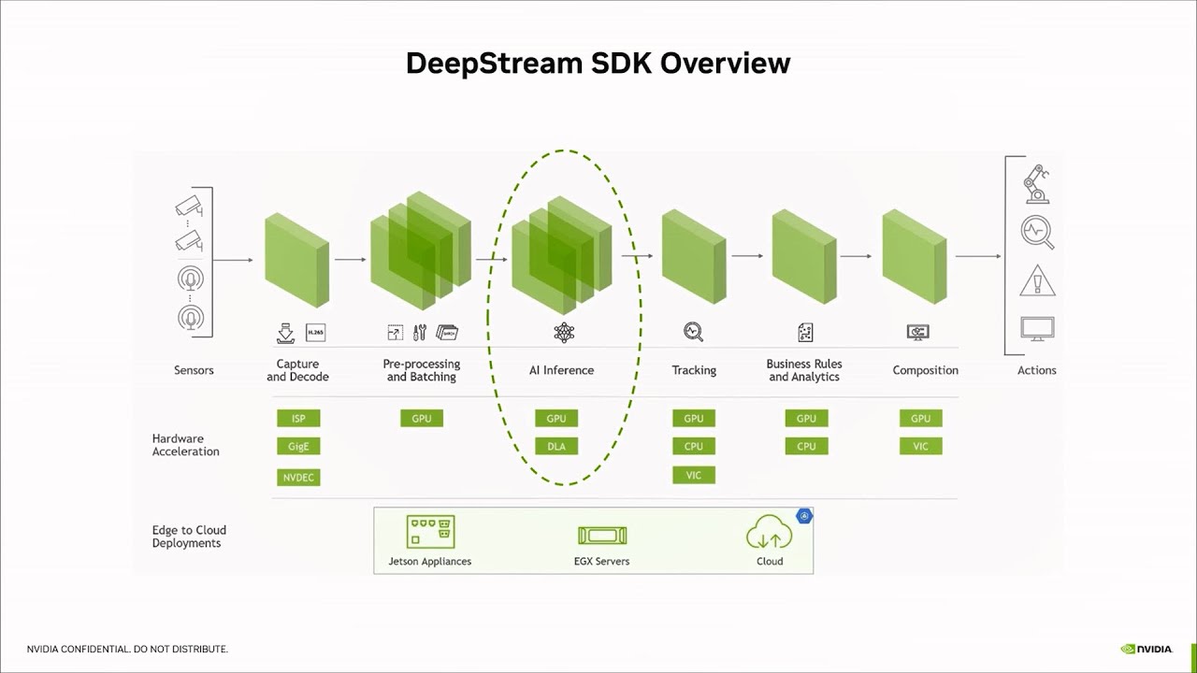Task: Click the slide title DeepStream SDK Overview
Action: point(598,63)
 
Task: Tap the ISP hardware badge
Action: point(298,418)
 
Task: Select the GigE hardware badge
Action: point(298,447)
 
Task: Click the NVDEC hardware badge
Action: point(298,478)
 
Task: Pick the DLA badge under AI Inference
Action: point(556,447)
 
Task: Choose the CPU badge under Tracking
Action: point(693,447)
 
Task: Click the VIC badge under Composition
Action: point(920,447)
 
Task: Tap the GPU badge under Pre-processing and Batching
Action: point(422,418)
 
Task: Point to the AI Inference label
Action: point(561,370)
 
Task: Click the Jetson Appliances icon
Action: point(430,532)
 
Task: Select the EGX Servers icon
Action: point(601,536)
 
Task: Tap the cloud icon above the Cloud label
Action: point(769,534)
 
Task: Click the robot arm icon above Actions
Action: point(1036,183)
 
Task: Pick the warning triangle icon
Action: point(1037,280)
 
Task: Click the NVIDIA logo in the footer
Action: point(1147,649)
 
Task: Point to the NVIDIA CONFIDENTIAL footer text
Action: point(127,649)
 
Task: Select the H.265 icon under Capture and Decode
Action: point(316,332)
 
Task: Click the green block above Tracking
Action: point(694,256)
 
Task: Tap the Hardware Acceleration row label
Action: point(185,445)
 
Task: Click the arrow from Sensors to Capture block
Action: point(234,260)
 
